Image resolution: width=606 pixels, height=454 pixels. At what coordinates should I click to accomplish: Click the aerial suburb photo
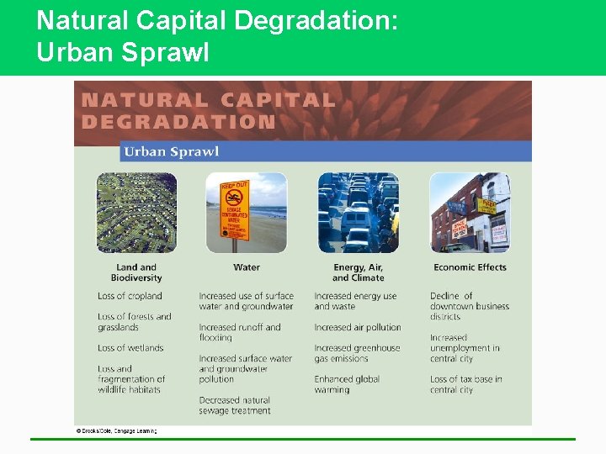136,213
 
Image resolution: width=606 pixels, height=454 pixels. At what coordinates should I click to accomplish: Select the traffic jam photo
358,213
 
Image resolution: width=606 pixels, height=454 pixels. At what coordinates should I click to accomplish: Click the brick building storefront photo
469,213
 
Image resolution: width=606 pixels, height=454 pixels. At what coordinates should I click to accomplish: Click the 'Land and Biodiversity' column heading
136,272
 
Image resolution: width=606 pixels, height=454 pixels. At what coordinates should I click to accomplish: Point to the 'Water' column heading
246,267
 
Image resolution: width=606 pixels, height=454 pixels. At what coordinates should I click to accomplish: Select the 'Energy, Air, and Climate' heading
358,272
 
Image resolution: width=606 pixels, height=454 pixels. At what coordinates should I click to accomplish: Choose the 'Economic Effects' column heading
470,267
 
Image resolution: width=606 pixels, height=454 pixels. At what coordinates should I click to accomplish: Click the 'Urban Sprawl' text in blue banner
171,151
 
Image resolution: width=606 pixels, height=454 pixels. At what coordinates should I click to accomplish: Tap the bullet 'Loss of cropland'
130,296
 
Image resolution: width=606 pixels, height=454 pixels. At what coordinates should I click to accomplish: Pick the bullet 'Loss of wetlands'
130,348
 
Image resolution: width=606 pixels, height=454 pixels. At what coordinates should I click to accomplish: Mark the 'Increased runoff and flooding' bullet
240,332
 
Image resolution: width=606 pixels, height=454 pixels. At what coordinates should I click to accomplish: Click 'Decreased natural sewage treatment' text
235,405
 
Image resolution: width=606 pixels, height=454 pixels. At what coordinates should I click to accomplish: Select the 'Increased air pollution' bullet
358,327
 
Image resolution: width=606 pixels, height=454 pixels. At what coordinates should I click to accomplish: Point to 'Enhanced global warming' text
347,384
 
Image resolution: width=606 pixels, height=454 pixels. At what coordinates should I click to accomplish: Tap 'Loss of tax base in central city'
465,384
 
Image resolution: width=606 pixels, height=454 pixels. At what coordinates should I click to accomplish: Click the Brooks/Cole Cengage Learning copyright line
116,430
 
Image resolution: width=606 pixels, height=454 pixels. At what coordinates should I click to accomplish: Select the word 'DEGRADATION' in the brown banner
178,121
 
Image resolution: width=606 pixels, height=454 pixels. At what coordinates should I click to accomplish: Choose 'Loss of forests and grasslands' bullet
134,322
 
